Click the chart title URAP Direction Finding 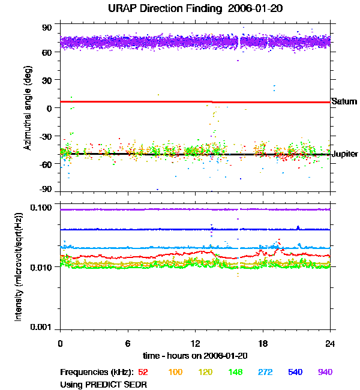(x=174, y=9)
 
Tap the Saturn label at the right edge (x=344, y=102)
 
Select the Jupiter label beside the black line (x=346, y=154)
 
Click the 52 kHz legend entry (x=143, y=373)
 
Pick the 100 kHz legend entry (x=175, y=373)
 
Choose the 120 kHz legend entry (x=205, y=373)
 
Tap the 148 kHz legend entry (x=235, y=373)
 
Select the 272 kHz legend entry (x=265, y=373)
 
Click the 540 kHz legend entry (x=295, y=373)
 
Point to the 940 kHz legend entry (x=325, y=373)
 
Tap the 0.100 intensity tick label (x=42, y=208)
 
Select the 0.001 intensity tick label (x=42, y=327)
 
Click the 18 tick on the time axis (x=262, y=344)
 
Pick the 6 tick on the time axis (x=128, y=344)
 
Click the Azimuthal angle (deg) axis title (x=28, y=108)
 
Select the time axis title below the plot (x=195, y=356)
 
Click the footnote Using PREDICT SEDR (x=104, y=385)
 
